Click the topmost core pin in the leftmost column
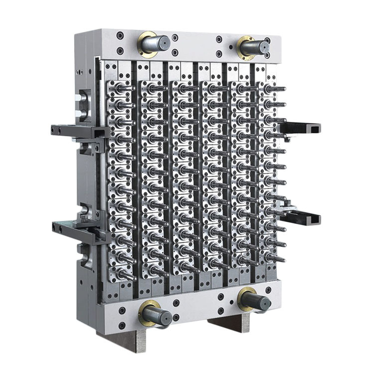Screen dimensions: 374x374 [122, 88]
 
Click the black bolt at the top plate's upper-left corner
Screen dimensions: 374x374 [120, 35]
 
